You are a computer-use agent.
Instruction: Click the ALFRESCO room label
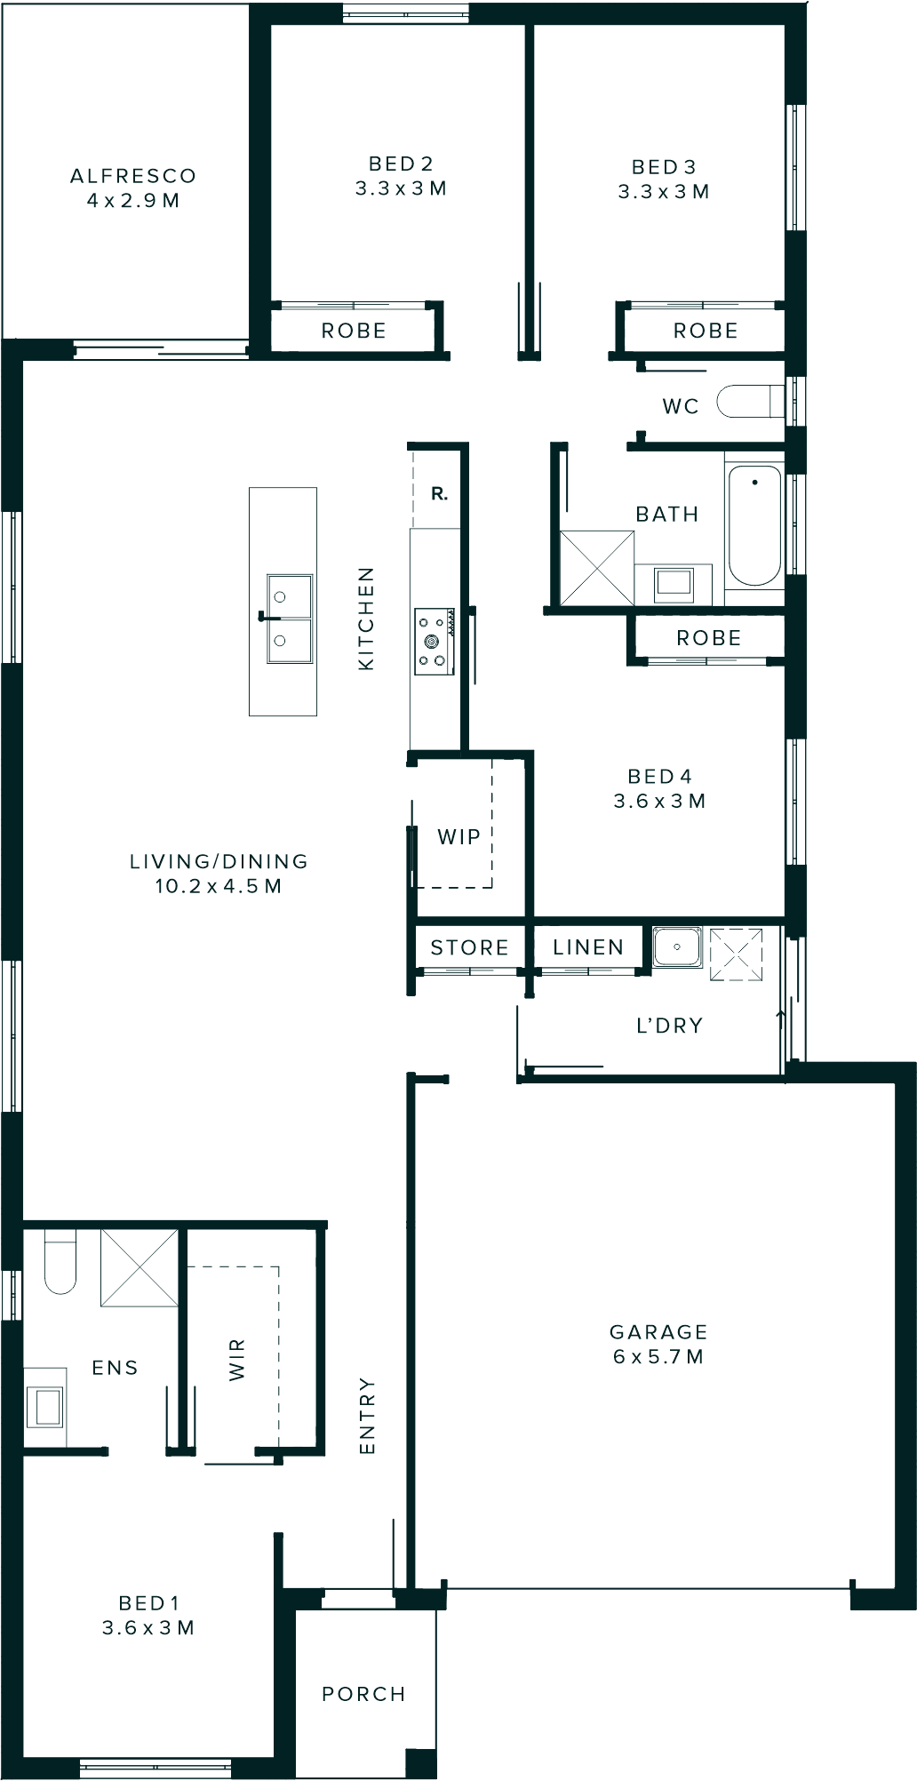click(x=133, y=176)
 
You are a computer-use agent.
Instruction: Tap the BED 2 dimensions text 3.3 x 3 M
click(x=401, y=188)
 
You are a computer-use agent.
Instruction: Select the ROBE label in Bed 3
click(x=706, y=331)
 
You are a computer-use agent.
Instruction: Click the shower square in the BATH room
click(x=597, y=568)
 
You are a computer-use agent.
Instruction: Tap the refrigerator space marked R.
click(x=439, y=494)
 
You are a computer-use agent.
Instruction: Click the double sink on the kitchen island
click(x=290, y=619)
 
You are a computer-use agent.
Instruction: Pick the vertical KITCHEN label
click(x=366, y=619)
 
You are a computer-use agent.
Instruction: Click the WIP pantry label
click(x=458, y=836)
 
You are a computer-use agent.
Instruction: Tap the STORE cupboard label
click(x=469, y=947)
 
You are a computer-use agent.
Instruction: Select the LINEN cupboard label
click(x=588, y=947)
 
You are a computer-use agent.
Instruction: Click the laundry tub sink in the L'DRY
click(x=677, y=947)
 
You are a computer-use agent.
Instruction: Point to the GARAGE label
click(x=658, y=1331)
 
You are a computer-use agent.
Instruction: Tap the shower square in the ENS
click(x=140, y=1268)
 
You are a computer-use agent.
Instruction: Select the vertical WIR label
click(x=236, y=1360)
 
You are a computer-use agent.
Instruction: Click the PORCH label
click(x=363, y=1694)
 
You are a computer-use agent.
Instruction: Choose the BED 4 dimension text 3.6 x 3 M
click(x=659, y=801)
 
